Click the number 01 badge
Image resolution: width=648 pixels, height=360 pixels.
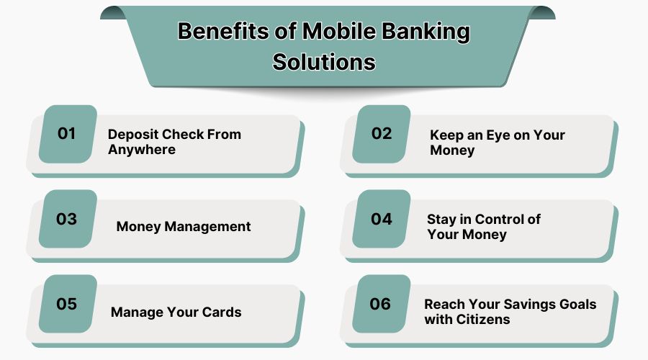click(67, 133)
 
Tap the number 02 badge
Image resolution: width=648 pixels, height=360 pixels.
click(381, 133)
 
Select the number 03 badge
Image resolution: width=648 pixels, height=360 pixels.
click(67, 218)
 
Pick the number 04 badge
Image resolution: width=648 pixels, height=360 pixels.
click(381, 218)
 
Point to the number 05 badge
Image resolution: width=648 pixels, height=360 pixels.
click(67, 303)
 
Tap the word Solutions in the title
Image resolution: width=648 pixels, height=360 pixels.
click(324, 61)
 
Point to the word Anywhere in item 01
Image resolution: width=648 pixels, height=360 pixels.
click(142, 150)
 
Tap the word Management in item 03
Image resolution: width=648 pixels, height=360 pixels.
click(208, 226)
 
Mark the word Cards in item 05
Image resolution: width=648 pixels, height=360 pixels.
click(221, 312)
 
